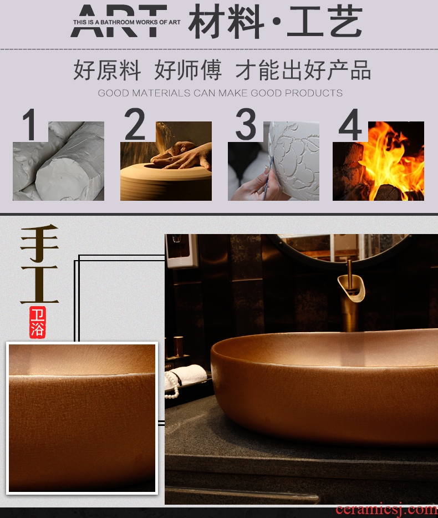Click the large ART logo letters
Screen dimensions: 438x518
click(119, 21)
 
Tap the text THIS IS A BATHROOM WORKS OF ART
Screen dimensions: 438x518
click(127, 22)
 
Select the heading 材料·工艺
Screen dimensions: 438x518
click(275, 21)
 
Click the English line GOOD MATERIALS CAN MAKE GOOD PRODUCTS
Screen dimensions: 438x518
click(220, 93)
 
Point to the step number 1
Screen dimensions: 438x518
click(29, 124)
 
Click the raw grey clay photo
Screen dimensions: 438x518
click(58, 161)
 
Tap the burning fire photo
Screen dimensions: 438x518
click(378, 161)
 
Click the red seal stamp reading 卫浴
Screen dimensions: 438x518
click(37, 322)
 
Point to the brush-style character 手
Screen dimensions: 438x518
click(39, 243)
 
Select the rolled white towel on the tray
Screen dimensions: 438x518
click(186, 375)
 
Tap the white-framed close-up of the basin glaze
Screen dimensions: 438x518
click(82, 418)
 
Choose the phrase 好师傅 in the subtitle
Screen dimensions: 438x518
click(187, 70)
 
